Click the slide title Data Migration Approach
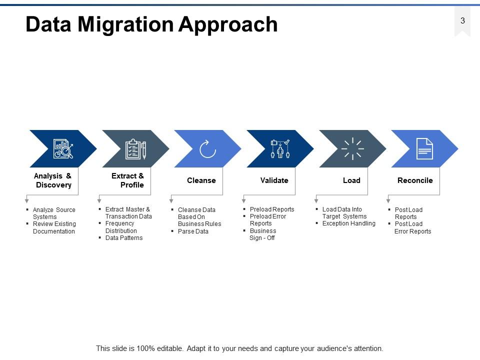(x=151, y=24)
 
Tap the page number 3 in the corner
(x=462, y=21)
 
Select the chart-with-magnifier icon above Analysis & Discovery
(x=63, y=149)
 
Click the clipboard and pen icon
(x=135, y=149)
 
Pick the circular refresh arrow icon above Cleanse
(x=207, y=149)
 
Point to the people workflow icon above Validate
(x=280, y=149)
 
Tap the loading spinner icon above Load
(x=352, y=149)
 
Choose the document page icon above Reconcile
(x=424, y=149)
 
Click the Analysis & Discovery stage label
(x=53, y=180)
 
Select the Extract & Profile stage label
(x=127, y=180)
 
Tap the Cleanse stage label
(x=201, y=180)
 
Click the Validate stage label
(x=274, y=180)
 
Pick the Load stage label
(x=351, y=180)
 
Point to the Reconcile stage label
(x=415, y=180)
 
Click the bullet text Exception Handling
(x=348, y=223)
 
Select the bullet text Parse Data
(x=193, y=231)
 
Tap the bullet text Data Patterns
(x=124, y=238)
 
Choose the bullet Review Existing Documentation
(x=54, y=228)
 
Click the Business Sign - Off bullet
(x=262, y=234)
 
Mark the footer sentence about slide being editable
(x=239, y=348)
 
